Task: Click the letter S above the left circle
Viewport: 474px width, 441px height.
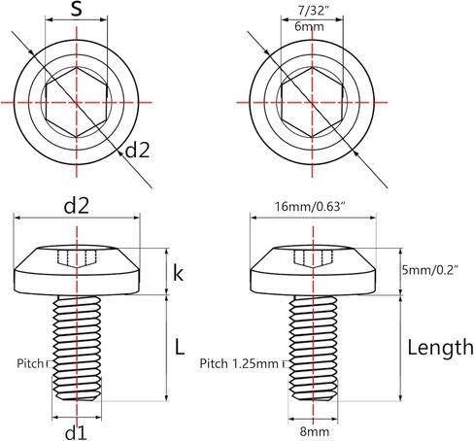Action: coord(77,12)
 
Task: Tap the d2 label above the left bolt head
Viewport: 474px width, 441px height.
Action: coord(77,207)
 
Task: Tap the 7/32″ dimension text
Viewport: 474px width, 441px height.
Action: coord(315,10)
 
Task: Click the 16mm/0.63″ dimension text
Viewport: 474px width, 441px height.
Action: coord(314,207)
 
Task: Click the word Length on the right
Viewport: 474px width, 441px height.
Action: coord(440,347)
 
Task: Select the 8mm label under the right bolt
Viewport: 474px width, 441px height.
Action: coord(313,430)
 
